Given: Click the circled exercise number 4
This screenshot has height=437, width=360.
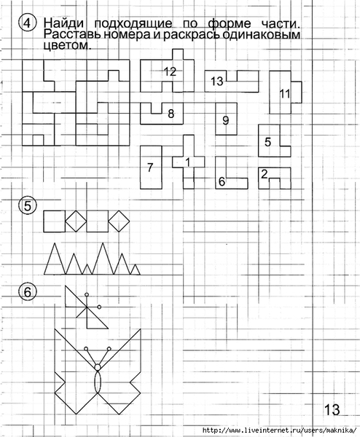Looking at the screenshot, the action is (27, 23).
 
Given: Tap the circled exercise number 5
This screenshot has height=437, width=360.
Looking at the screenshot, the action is (27, 206).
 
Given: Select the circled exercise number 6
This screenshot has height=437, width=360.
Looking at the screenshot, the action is (27, 292).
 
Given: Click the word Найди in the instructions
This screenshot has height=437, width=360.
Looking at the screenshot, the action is (63, 23).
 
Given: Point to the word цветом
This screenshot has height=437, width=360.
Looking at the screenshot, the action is (68, 45).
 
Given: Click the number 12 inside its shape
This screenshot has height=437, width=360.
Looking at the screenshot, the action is (170, 71).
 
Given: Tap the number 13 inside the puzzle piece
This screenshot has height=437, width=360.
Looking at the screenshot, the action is (217, 81).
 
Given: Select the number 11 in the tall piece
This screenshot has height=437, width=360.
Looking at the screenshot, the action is (285, 94).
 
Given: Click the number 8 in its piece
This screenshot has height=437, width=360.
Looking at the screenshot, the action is (171, 114).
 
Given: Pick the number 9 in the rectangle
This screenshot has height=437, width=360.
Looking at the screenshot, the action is (226, 120).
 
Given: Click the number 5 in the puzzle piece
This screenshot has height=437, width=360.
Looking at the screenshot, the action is (267, 142).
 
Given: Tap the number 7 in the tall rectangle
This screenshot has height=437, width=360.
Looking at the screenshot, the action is (150, 168).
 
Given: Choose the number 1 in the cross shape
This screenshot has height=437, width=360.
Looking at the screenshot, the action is (187, 162).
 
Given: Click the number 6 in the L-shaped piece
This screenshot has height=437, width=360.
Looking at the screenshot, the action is (222, 181).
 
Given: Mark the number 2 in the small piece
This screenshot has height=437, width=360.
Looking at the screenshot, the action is (265, 175).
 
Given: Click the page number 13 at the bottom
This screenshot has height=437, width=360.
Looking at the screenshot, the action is (332, 409).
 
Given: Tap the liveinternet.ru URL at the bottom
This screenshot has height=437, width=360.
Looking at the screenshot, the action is (279, 430).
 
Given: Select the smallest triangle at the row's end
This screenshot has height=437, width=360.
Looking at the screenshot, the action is (136, 269).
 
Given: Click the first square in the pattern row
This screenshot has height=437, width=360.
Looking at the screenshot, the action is (55, 221).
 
